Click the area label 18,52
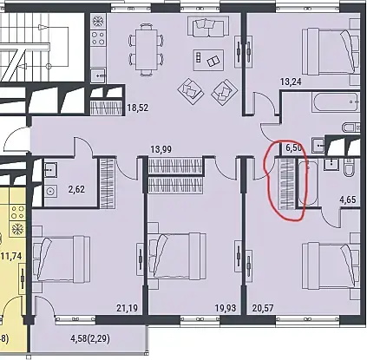tap(138, 108)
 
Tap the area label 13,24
tap(291, 82)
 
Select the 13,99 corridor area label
tap(161, 149)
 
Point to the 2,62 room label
tap(76, 190)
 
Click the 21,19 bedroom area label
tap(128, 308)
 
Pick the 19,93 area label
tap(226, 308)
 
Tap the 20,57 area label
tap(263, 308)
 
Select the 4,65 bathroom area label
tap(348, 200)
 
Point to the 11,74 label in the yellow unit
tap(12, 256)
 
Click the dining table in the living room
tap(147, 50)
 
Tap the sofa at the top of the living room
tap(208, 27)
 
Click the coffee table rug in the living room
tap(208, 60)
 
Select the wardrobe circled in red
tap(286, 184)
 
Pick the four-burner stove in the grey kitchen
tap(98, 38)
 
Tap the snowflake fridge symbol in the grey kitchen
tap(98, 22)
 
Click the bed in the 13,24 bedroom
tap(330, 52)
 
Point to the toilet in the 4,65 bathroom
tap(351, 168)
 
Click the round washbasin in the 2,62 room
tap(51, 192)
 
